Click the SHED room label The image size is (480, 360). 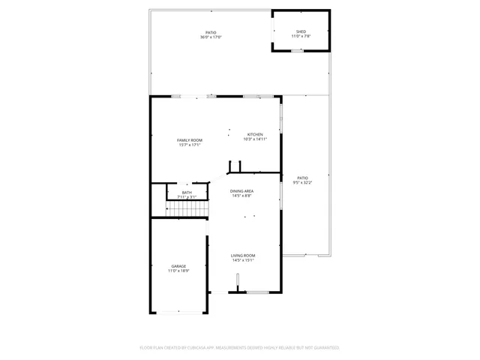click(x=301, y=31)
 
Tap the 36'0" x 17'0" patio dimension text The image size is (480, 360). click(x=211, y=37)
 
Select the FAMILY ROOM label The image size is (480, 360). click(x=190, y=140)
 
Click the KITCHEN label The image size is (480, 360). click(x=255, y=134)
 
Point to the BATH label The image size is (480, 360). click(x=187, y=193)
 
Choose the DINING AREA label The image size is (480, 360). click(x=241, y=191)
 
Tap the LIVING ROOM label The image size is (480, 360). click(x=242, y=256)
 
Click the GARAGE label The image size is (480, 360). click(x=178, y=266)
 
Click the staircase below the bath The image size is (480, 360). click(x=185, y=208)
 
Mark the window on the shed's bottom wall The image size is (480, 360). click(x=298, y=51)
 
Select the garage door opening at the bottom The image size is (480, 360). click(x=178, y=312)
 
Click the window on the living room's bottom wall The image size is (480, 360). click(x=258, y=292)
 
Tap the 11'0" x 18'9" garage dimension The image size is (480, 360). click(x=178, y=271)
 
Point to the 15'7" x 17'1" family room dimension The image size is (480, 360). click(x=190, y=145)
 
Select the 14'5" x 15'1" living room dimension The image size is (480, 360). click(x=242, y=261)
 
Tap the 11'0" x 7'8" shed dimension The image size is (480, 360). click(x=301, y=37)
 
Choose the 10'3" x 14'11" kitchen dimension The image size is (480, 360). click(x=255, y=139)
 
